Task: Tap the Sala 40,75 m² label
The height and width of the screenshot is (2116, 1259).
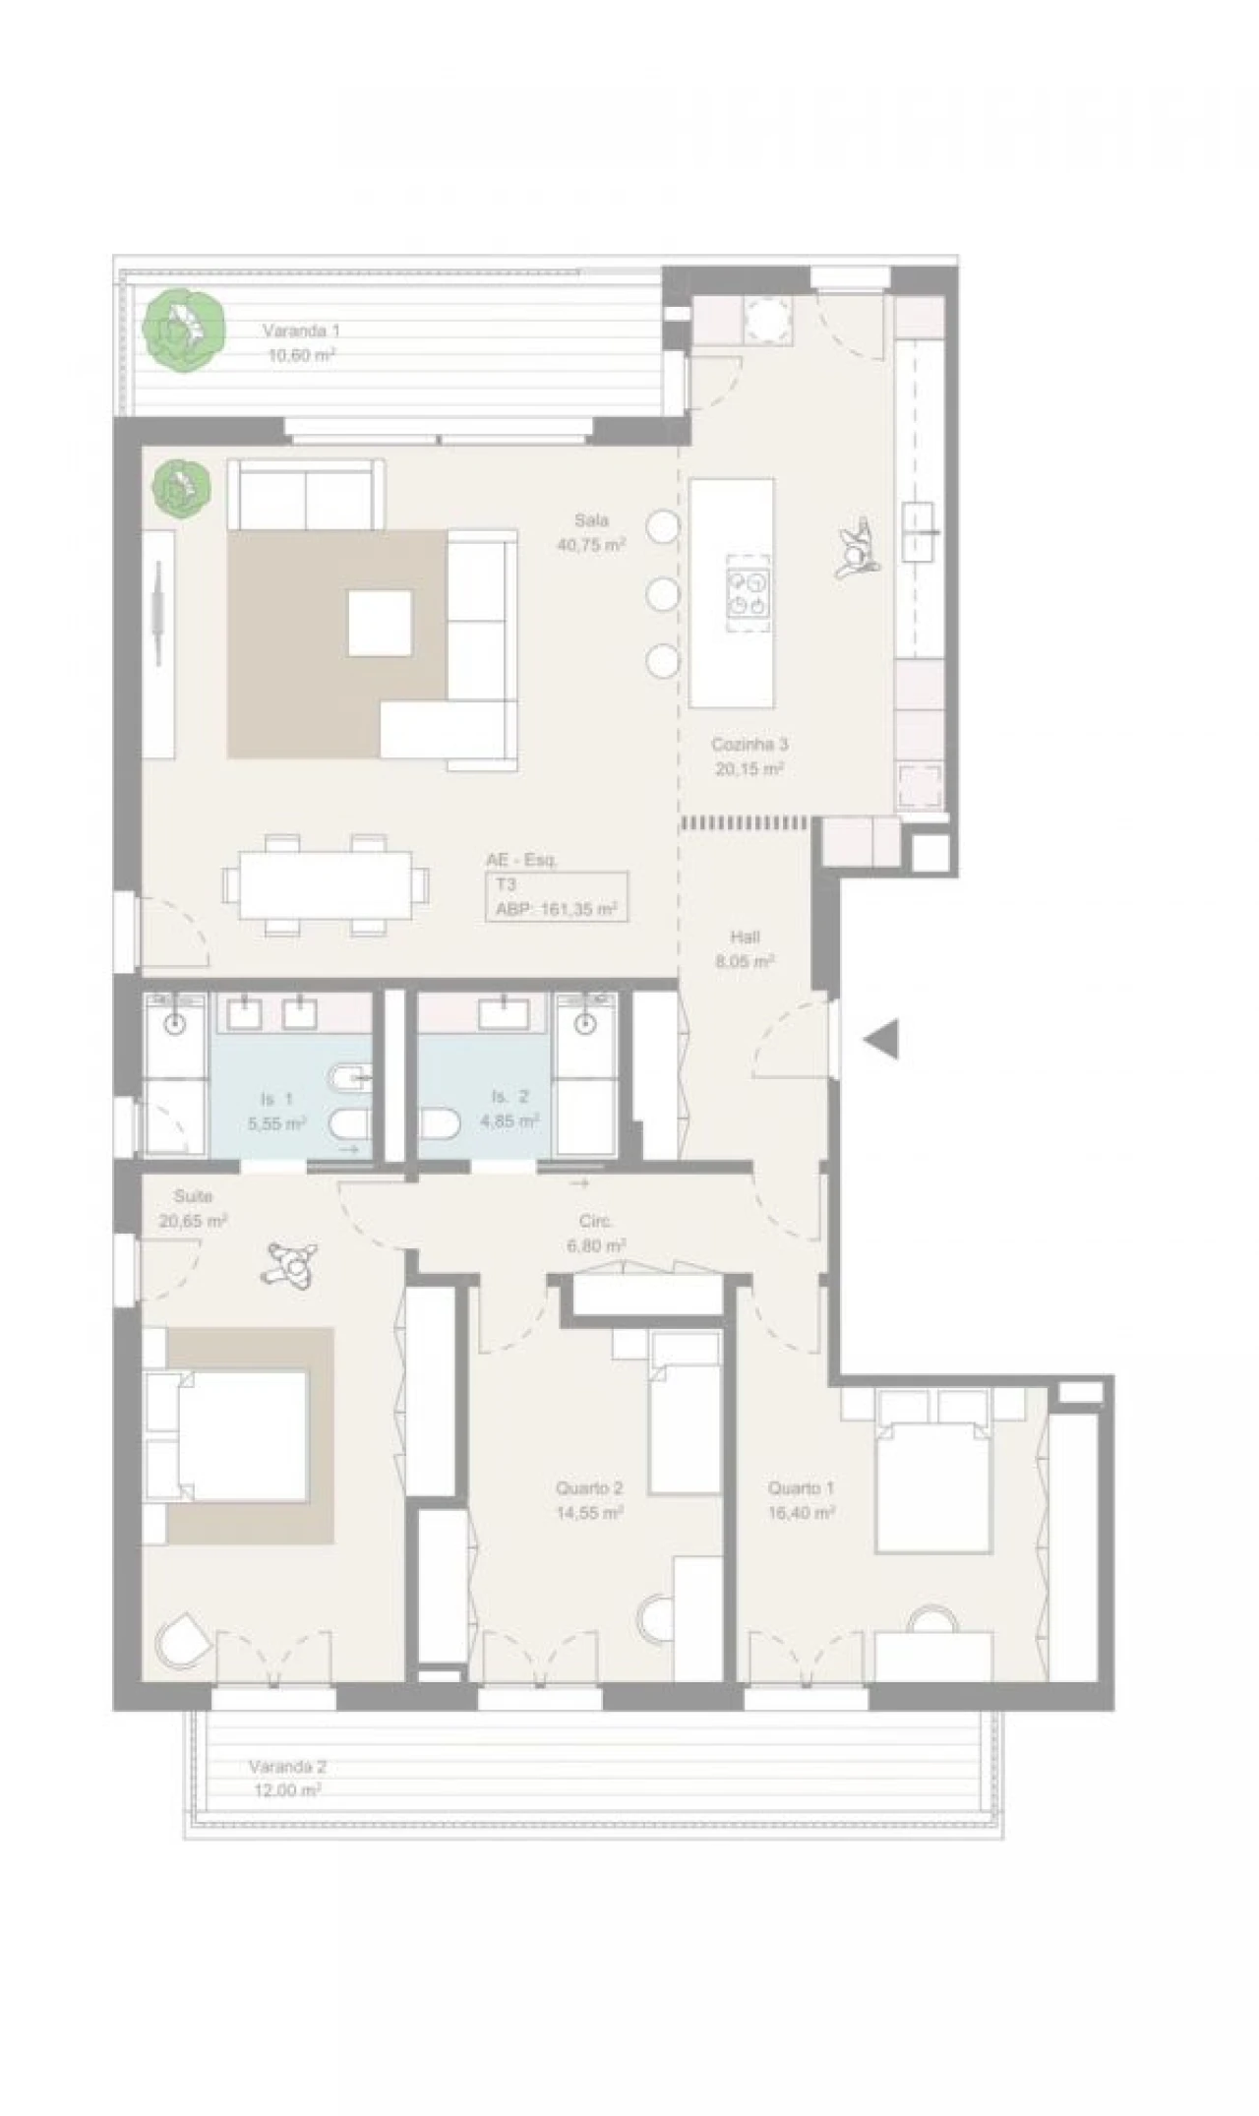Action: click(x=591, y=532)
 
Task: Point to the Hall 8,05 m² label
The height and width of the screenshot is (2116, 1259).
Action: click(x=745, y=949)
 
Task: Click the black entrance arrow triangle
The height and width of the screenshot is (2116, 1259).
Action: click(x=882, y=1040)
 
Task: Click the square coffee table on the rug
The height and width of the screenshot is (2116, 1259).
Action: click(x=380, y=623)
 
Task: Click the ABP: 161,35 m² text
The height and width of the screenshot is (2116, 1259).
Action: click(x=556, y=910)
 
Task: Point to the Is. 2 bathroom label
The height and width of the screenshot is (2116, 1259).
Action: click(x=510, y=1109)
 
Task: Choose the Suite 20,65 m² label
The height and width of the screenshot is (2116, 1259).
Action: click(x=193, y=1209)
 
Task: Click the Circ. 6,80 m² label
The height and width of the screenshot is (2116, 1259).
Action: click(x=596, y=1233)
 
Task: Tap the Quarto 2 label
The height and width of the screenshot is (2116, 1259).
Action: click(x=589, y=1500)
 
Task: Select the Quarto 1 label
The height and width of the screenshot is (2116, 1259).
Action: click(x=802, y=1500)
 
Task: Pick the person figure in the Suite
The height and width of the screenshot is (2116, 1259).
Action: click(x=291, y=1265)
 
